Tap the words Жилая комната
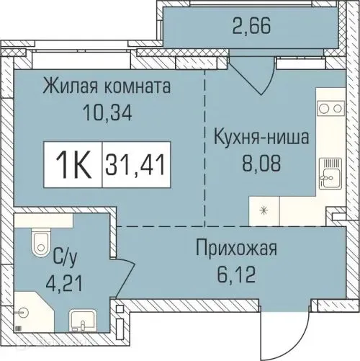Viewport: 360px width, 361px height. (x=106, y=88)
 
